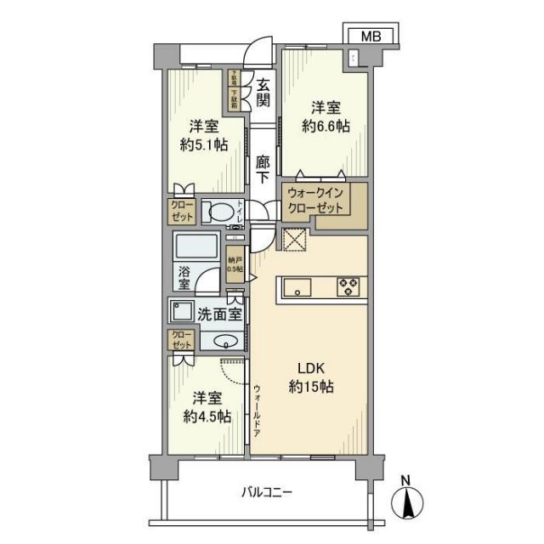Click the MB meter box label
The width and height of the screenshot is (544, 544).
(370, 36)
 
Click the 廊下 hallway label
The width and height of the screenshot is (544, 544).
(263, 167)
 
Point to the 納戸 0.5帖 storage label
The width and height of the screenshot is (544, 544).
(235, 264)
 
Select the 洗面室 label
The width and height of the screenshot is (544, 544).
(219, 313)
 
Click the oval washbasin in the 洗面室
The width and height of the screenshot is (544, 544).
(225, 342)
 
